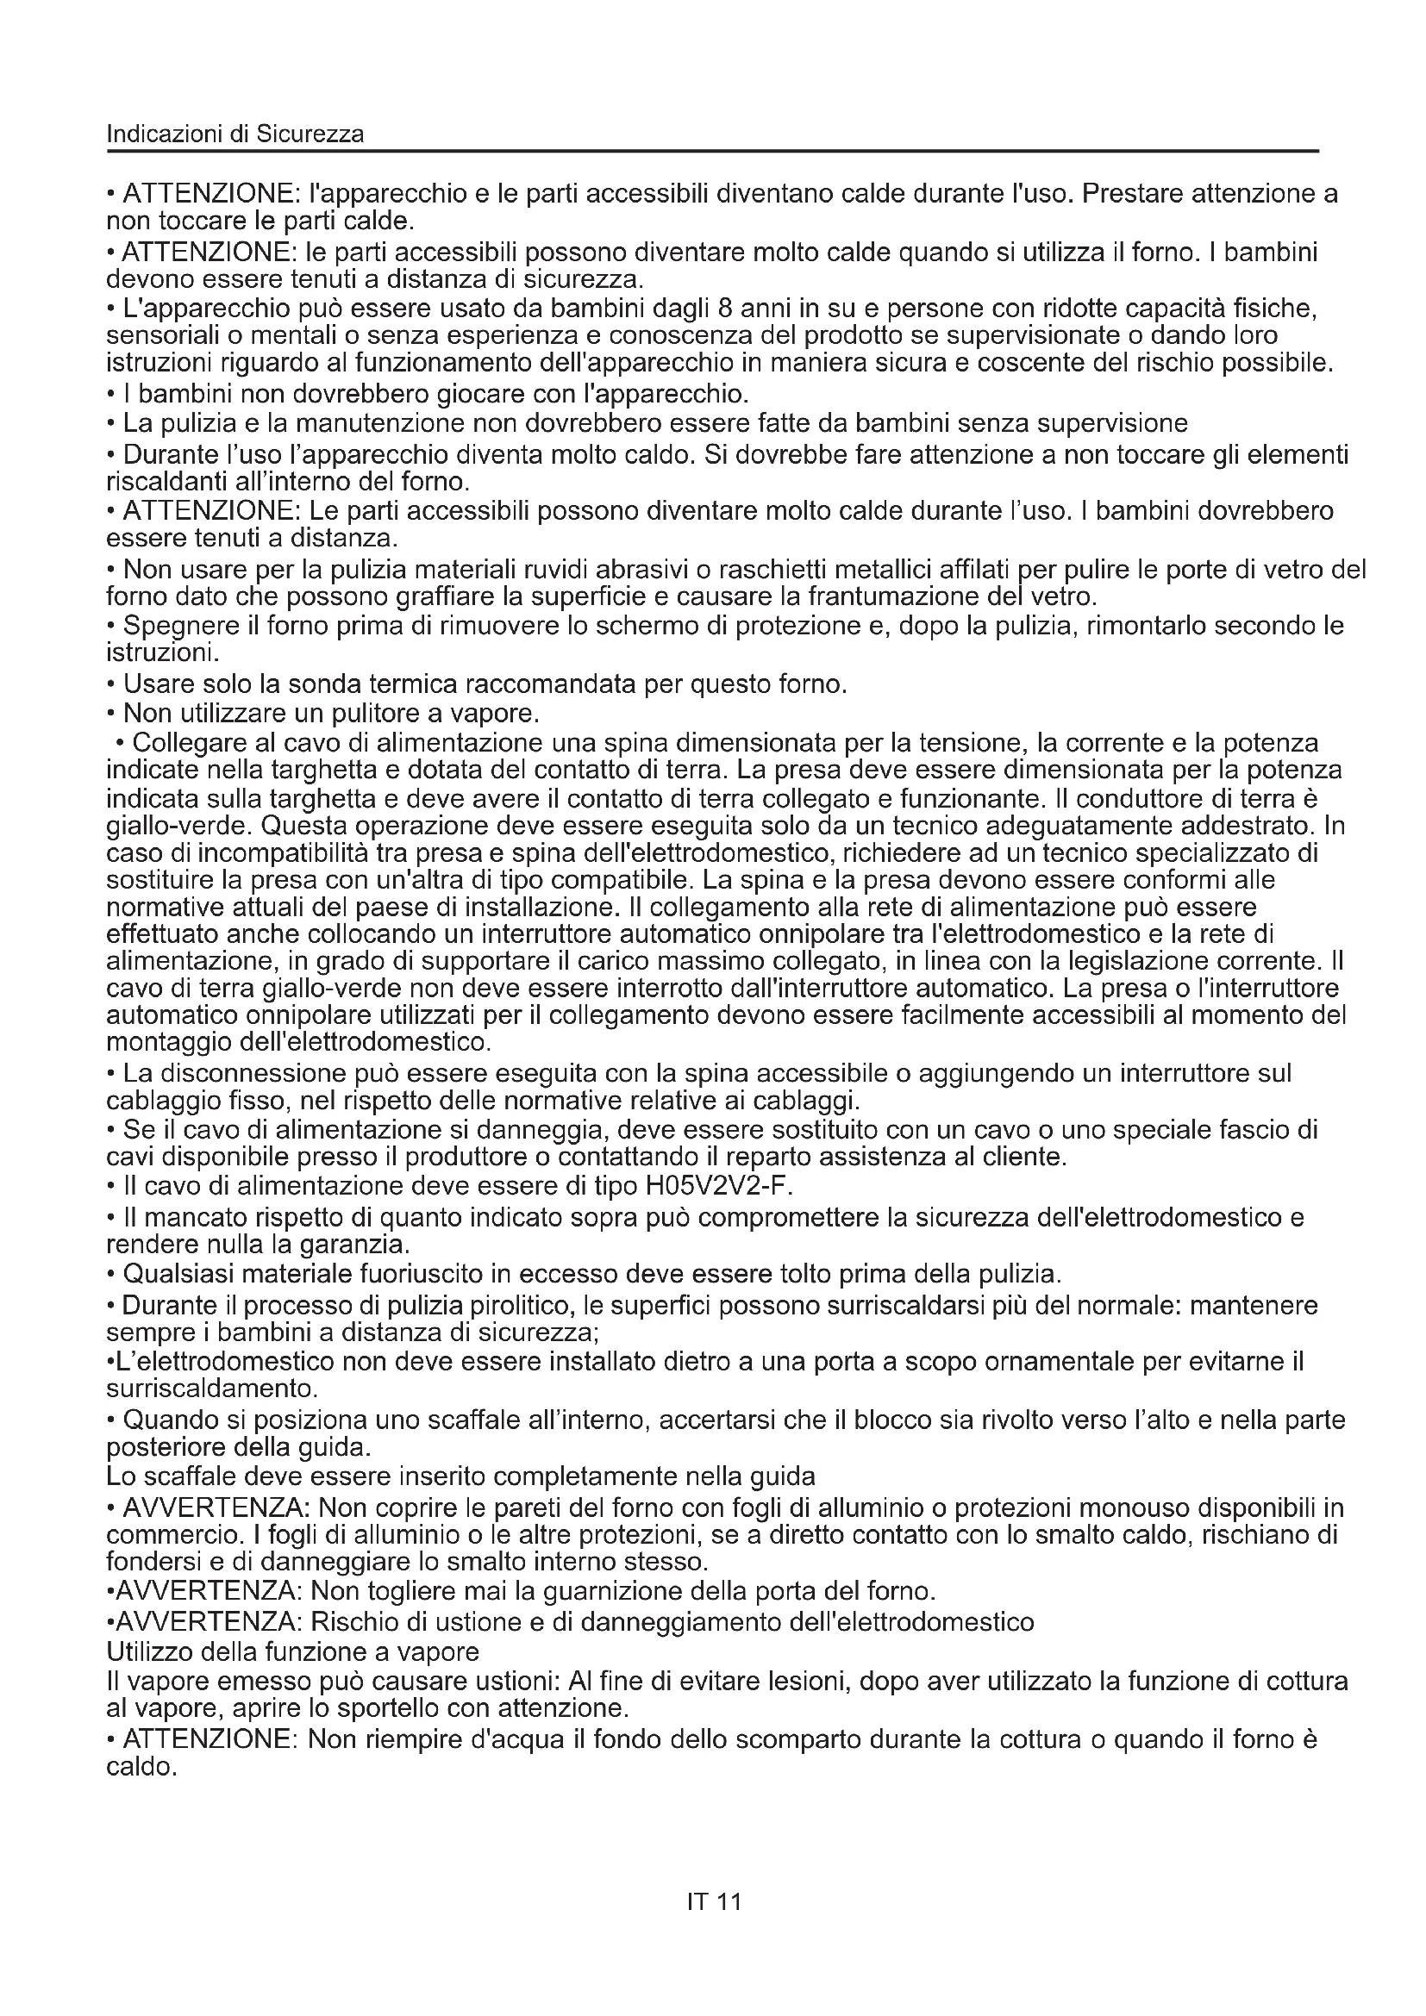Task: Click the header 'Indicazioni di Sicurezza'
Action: pyautogui.click(x=235, y=134)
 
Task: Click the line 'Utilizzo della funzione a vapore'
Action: pyautogui.click(x=292, y=1651)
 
